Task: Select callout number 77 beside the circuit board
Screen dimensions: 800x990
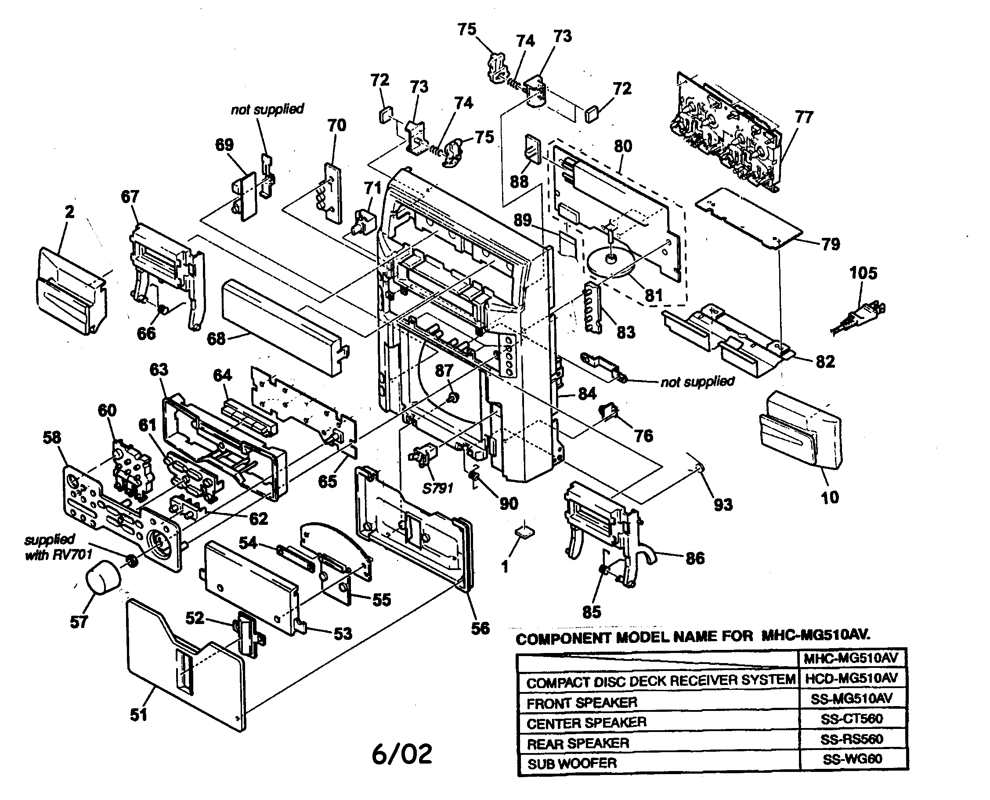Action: point(804,118)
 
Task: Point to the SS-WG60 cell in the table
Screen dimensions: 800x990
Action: point(852,759)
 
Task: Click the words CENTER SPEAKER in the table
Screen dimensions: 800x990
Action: point(586,723)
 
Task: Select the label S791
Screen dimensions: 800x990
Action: point(437,488)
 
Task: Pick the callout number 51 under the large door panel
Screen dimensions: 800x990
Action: point(138,715)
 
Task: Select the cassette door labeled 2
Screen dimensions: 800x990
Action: point(72,291)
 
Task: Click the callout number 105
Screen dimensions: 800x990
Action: point(863,273)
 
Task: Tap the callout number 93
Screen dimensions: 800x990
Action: point(723,505)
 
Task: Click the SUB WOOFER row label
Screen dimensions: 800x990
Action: point(572,764)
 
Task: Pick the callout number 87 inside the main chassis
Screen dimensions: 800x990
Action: point(444,370)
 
